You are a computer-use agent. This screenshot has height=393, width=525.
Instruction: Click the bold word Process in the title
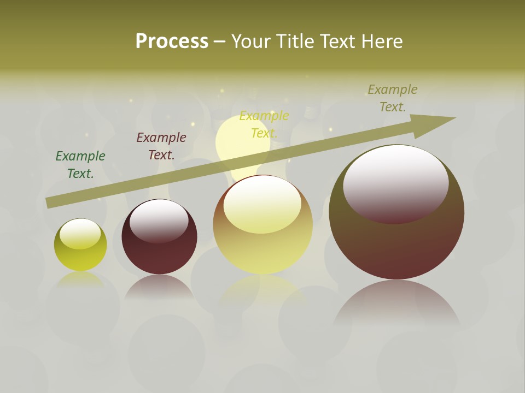coord(172,41)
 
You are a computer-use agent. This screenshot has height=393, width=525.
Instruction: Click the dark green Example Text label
coord(80,164)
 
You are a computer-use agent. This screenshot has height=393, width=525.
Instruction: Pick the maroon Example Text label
coord(161,146)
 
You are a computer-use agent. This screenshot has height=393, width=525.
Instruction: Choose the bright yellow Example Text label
coord(264,124)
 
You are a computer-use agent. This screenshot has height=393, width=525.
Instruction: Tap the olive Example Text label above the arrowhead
coord(393,98)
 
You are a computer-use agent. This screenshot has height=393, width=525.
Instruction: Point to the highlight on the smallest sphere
coord(80,233)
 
